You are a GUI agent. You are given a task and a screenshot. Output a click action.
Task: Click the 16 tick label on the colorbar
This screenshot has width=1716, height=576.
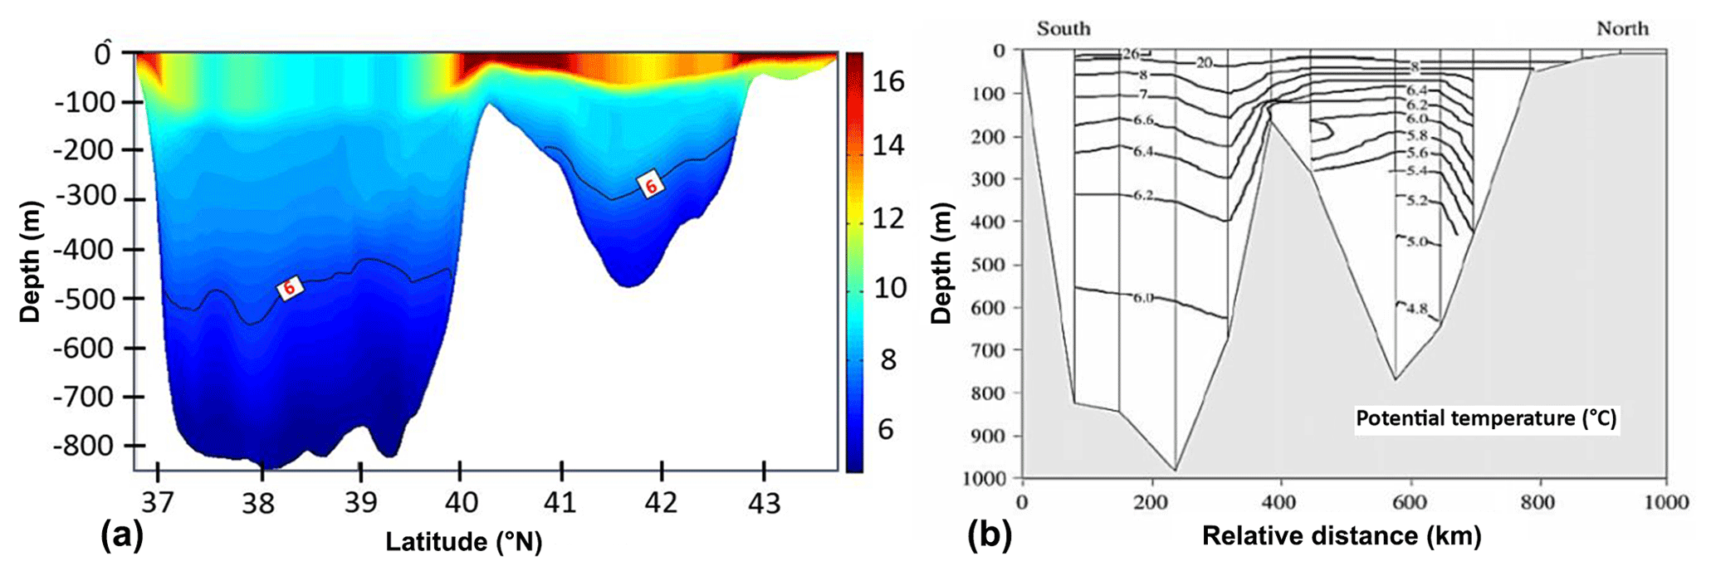(x=887, y=81)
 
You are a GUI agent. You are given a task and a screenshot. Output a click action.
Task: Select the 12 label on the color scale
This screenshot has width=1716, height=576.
(x=887, y=218)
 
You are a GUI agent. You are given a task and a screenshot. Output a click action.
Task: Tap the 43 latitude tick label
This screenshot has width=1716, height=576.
(x=764, y=503)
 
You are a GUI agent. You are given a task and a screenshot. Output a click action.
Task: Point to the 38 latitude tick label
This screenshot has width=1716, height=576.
(x=259, y=503)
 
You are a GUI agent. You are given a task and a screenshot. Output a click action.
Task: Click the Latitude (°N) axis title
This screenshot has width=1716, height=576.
(x=463, y=542)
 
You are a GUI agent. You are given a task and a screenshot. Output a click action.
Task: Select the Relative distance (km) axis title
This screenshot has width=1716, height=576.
(x=1342, y=536)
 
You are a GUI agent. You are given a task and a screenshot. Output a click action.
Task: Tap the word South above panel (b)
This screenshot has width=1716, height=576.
(x=1063, y=28)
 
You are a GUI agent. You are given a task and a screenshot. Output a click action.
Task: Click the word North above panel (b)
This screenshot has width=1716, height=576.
(x=1622, y=28)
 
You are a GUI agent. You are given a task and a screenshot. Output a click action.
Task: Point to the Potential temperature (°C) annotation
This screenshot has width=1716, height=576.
(x=1486, y=418)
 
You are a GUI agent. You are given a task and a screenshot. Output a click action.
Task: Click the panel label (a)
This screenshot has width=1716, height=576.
(x=121, y=536)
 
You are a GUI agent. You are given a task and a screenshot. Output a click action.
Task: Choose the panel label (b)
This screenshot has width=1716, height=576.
(x=990, y=536)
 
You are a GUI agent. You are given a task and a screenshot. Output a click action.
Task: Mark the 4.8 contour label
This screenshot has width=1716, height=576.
(x=1416, y=309)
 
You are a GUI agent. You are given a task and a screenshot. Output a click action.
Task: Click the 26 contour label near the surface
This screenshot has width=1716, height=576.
(x=1131, y=54)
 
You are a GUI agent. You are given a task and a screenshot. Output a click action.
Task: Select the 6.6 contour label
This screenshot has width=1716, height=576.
(x=1144, y=120)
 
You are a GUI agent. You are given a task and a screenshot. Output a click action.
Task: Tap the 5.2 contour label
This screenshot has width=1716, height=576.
(x=1416, y=201)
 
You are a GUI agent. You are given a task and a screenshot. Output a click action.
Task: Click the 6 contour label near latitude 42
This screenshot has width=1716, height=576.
(x=652, y=186)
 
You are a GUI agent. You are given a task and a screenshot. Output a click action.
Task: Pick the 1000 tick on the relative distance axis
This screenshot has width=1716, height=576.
(x=1666, y=502)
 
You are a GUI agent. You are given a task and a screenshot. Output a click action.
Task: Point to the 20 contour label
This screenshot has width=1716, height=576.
(x=1204, y=62)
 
